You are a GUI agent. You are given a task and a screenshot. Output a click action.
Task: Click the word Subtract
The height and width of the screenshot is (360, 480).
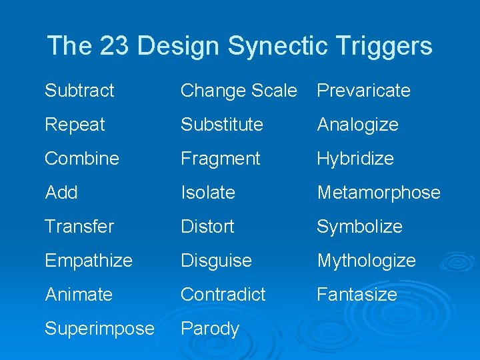[x=79, y=91]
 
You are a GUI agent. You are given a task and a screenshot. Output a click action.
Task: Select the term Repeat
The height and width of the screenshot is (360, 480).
[x=75, y=125]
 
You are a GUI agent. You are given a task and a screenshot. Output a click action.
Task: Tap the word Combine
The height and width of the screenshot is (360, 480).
[x=82, y=159]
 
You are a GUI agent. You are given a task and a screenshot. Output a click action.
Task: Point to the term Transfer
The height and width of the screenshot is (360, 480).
[x=79, y=227]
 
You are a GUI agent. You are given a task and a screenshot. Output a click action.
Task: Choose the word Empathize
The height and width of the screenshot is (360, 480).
[x=89, y=261]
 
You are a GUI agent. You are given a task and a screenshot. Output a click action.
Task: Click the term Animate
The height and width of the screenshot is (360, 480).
[x=79, y=295]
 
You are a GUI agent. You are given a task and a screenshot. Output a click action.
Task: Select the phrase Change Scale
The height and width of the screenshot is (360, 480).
[x=239, y=91]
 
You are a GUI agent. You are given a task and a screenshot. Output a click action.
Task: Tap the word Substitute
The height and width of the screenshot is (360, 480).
[x=222, y=125]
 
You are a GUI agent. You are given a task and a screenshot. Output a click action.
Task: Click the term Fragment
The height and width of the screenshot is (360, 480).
[x=221, y=159]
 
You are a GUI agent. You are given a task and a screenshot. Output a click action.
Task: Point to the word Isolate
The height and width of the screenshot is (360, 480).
[x=208, y=193]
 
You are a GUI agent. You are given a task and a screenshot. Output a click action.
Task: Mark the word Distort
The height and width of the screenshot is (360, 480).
[x=207, y=227]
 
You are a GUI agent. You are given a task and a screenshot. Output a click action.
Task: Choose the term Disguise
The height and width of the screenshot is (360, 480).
[x=216, y=261]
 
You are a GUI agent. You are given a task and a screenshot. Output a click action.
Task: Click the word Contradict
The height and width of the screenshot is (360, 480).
[x=223, y=295]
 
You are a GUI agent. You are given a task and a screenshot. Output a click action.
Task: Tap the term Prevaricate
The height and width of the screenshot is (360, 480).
[x=363, y=91]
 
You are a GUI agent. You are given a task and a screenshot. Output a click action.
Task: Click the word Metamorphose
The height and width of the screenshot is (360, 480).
[x=379, y=193]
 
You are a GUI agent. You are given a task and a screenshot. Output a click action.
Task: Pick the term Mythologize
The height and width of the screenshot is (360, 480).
[x=366, y=261]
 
